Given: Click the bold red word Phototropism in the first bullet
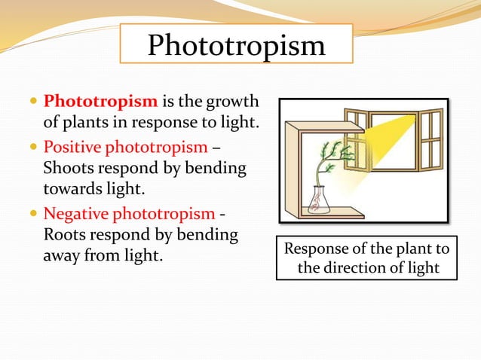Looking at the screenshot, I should pos(100,101).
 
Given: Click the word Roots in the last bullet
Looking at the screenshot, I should pos(66,236).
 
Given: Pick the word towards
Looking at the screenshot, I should pos(75,190).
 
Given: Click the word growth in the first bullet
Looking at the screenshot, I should pos(229,101).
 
